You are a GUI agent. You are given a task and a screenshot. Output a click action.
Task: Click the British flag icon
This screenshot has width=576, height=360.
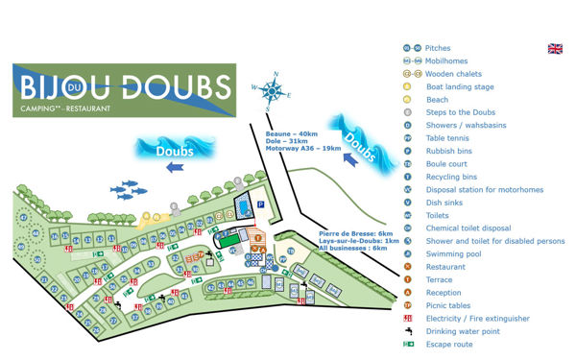(x=555, y=49)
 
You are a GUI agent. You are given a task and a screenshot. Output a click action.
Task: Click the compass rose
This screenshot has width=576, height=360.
(x=275, y=90)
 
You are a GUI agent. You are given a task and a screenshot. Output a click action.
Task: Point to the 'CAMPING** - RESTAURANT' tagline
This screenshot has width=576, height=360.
(x=60, y=108)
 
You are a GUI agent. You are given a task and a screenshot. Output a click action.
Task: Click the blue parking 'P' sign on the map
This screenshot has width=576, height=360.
(x=260, y=204)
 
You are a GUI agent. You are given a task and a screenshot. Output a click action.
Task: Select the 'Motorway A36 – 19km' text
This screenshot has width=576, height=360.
(x=303, y=149)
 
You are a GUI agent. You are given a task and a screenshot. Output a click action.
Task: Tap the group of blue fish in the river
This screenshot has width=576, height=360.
(x=129, y=189)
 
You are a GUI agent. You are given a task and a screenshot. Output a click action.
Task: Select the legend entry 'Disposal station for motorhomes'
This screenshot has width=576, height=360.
(x=484, y=190)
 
